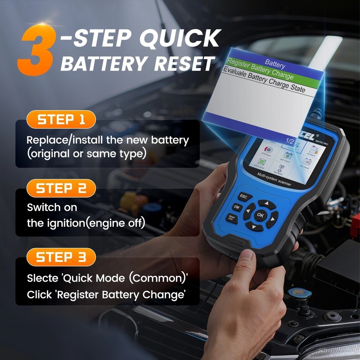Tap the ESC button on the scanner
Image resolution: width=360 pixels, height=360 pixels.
coord(243,197)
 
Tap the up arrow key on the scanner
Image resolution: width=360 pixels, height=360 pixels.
coord(267,204)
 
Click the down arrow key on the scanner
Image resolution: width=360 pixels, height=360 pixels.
coord(253,227)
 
